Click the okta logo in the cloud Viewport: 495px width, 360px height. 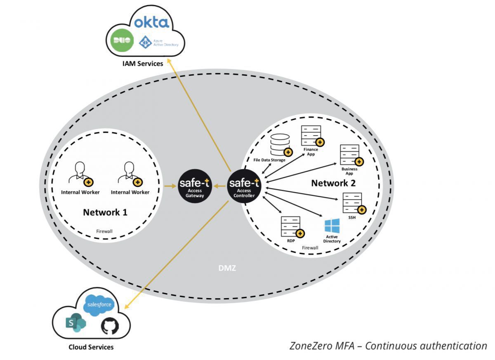(152, 21)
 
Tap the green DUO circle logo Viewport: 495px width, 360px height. (122, 40)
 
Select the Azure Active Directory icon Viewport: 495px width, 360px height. (145, 42)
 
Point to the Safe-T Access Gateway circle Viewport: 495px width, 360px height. (194, 187)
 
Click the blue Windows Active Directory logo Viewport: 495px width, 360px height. (332, 226)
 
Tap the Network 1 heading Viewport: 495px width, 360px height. (105, 212)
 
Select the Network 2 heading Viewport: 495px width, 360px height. (333, 183)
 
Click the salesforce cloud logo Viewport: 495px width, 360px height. (98, 305)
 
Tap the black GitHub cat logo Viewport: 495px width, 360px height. (110, 326)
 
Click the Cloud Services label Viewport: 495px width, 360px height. (91, 347)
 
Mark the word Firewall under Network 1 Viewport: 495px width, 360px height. (104, 231)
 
